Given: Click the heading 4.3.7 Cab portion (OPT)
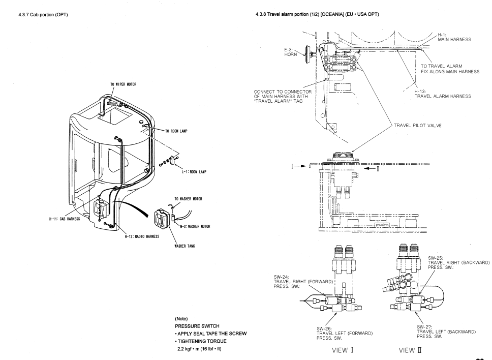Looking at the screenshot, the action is tap(43, 15).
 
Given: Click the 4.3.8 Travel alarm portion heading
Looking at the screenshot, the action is tap(317, 14).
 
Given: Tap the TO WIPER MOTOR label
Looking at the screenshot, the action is tap(124, 84).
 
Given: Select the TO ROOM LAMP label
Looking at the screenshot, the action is tap(176, 131).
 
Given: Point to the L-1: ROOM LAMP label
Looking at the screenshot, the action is tap(194, 172).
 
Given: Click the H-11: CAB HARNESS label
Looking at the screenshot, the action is tap(65, 219).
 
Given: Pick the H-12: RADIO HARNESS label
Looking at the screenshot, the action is tap(142, 236).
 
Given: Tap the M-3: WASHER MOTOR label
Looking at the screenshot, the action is tap(195, 226).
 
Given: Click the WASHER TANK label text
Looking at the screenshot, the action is tap(184, 246).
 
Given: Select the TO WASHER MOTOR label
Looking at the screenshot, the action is tap(188, 199).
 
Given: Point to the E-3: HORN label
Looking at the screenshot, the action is tap(291, 52).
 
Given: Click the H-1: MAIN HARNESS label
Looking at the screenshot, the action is tap(454, 37).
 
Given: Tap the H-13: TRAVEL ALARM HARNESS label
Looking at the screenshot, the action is tap(443, 94).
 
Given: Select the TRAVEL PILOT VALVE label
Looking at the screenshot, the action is tap(418, 126).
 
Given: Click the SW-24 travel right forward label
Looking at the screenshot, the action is tap(303, 282).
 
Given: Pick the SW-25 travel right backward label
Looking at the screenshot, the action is tap(459, 263).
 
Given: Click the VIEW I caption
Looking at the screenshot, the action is tap(343, 350).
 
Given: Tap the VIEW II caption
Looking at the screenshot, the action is tap(410, 350).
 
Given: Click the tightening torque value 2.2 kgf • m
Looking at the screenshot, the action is tap(199, 349).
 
